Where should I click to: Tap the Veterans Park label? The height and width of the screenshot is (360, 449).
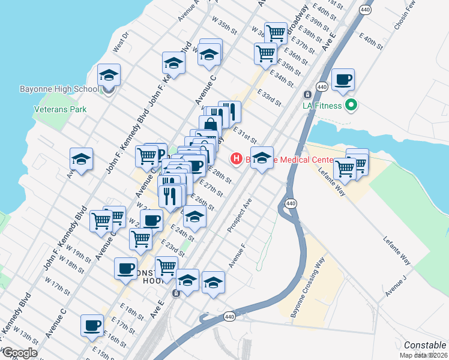[60, 109]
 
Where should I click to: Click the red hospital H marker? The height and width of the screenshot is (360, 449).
[237, 159]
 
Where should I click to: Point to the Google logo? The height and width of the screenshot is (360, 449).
[19, 353]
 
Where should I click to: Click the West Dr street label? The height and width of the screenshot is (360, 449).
[121, 43]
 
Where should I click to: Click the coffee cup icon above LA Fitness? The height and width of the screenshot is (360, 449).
[343, 79]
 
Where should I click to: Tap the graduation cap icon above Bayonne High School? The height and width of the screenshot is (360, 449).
[109, 75]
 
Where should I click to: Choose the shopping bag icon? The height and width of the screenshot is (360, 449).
[210, 125]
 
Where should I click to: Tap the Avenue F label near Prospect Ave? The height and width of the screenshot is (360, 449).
[237, 256]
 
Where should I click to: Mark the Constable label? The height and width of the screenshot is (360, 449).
[425, 345]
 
